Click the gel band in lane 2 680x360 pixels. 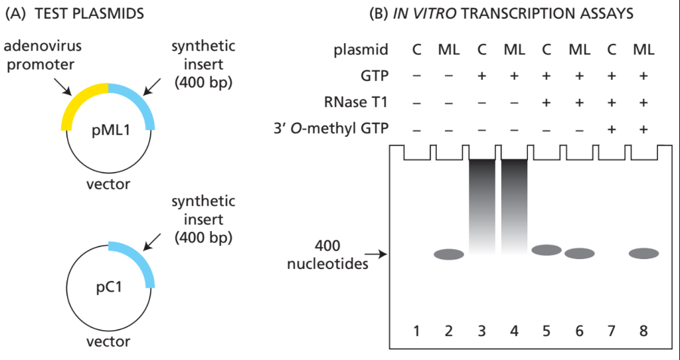coord(449,254)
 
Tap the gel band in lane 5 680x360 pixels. coord(547,250)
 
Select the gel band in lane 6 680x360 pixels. coord(579,253)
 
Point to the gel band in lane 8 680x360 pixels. coord(644,253)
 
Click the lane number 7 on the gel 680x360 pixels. coord(612,331)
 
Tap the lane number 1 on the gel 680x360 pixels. coord(417,331)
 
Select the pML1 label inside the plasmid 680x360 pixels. coord(111,131)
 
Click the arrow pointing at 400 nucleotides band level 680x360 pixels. coord(376,254)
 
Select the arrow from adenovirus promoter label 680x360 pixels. coord(63,87)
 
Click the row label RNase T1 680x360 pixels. coord(355,102)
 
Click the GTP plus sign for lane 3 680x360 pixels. coord(482,76)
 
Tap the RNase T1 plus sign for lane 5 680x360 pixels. coord(547,103)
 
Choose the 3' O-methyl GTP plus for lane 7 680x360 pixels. coord(612,129)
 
